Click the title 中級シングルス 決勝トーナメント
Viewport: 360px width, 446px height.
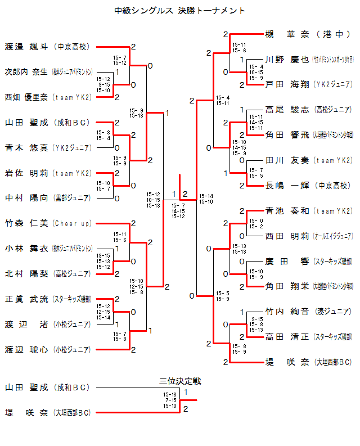pyautogui.click(x=179, y=10)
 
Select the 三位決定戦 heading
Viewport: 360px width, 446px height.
pyautogui.click(x=180, y=381)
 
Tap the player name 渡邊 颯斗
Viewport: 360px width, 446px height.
pyautogui.click(x=26, y=47)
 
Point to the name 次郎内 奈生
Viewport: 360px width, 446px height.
pyautogui.click(x=26, y=72)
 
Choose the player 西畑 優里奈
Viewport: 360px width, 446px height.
pyautogui.click(x=26, y=97)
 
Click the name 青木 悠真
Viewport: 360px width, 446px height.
pyautogui.click(x=26, y=148)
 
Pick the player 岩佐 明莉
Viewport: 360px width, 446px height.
pyautogui.click(x=26, y=173)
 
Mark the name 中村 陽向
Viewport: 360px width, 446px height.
pyautogui.click(x=26, y=198)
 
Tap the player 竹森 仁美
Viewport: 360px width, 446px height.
pyautogui.click(x=26, y=223)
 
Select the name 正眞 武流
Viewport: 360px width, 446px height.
pyautogui.click(x=26, y=299)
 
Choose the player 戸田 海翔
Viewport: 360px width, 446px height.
pyautogui.click(x=287, y=84)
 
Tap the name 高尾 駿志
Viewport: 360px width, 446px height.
pyautogui.click(x=287, y=110)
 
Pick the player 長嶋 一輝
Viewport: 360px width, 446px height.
pyautogui.click(x=287, y=185)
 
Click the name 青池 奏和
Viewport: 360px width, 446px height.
pyautogui.click(x=287, y=211)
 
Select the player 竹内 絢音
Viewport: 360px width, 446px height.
pyautogui.click(x=287, y=312)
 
